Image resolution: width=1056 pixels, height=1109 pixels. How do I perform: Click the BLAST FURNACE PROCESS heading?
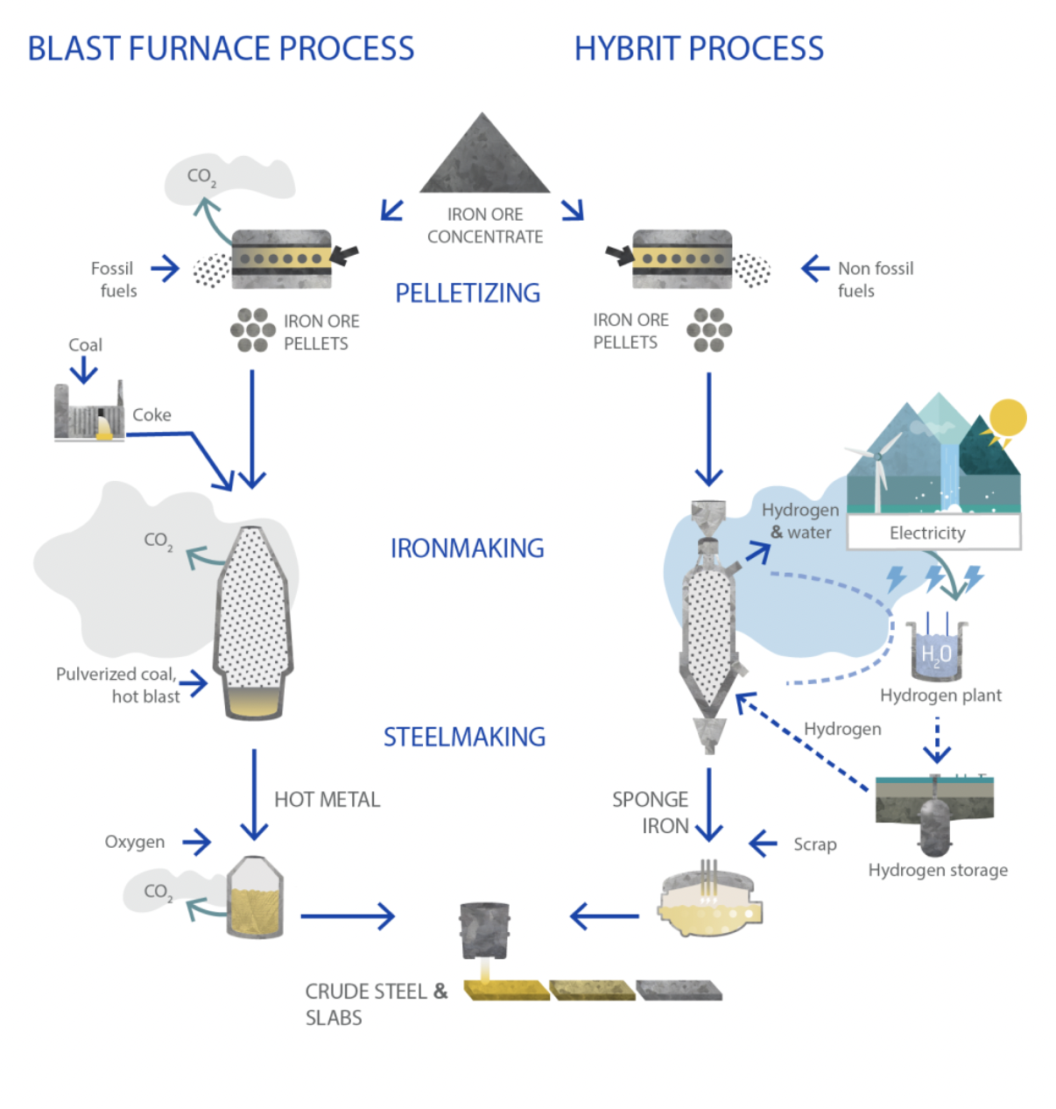[x=221, y=48]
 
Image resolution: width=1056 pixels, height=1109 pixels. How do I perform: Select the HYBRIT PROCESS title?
[x=699, y=48]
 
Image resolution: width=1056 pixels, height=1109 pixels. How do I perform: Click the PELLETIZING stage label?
[x=468, y=293]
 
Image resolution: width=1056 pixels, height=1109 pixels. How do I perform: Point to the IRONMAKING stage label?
[x=467, y=548]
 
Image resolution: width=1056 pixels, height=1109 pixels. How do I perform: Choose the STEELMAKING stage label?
[x=464, y=737]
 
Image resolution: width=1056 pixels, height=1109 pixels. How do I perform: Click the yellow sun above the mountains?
[x=1008, y=418]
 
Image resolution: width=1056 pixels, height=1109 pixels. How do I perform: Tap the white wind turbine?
[x=876, y=473]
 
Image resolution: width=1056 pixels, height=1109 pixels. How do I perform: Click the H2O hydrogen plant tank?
[x=935, y=652]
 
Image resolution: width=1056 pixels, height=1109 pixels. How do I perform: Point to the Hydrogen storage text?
[x=938, y=870]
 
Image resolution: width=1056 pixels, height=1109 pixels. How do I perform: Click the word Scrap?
[x=814, y=844]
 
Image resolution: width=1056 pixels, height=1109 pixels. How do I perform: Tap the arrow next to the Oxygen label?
[x=197, y=843]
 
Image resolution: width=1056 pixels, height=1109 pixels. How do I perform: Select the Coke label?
[x=151, y=415]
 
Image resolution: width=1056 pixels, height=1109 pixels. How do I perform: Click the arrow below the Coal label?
[x=84, y=371]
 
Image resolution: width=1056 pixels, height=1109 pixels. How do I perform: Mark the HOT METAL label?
[x=327, y=800]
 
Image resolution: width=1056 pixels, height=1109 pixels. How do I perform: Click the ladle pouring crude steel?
[x=484, y=930]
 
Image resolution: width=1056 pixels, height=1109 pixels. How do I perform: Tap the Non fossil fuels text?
[x=875, y=279]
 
